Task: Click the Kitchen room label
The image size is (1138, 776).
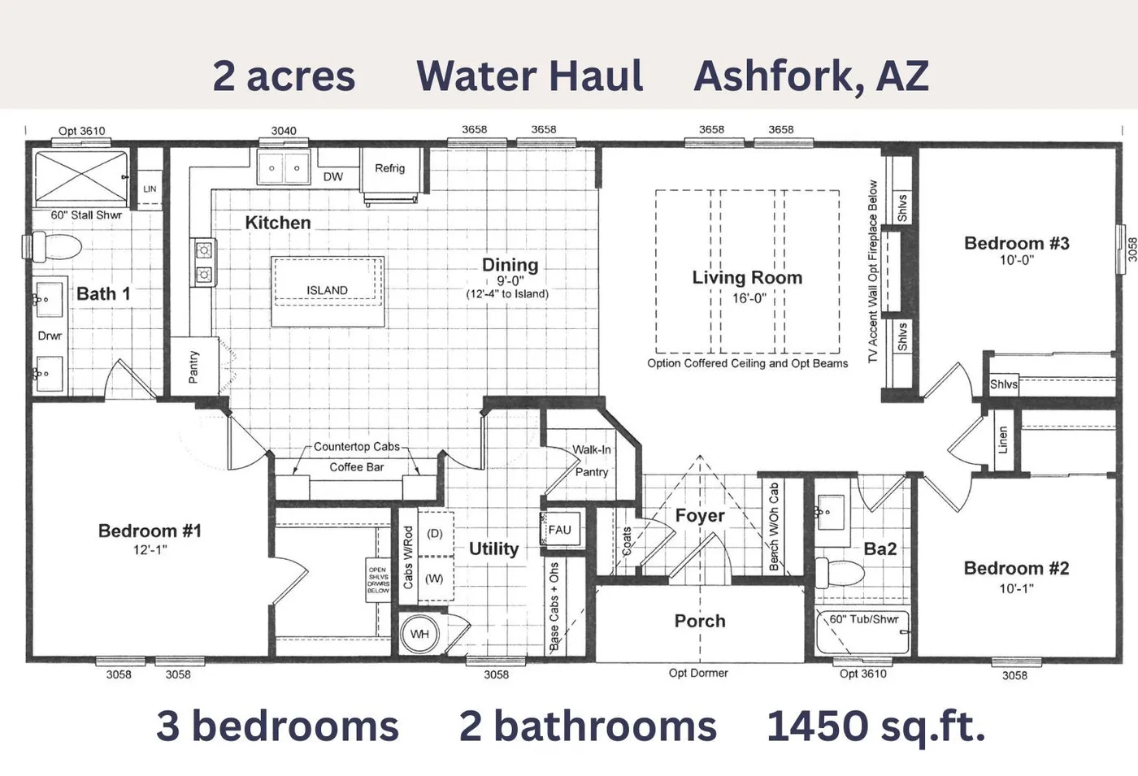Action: click(277, 223)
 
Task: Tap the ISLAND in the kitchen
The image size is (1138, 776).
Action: click(327, 290)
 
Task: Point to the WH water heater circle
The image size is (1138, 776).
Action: click(419, 634)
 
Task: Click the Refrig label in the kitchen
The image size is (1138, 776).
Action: click(389, 168)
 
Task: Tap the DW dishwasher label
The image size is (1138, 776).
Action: click(332, 176)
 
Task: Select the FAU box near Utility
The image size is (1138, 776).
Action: click(559, 530)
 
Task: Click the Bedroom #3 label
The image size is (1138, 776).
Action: click(1016, 243)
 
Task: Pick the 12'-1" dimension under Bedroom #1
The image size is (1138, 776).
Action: click(150, 550)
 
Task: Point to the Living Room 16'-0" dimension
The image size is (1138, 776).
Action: click(748, 298)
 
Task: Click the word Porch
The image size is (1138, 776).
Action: click(699, 621)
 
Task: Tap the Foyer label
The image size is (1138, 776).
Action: click(699, 515)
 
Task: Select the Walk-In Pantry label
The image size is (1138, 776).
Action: click(591, 461)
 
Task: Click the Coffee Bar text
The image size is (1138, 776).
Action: click(356, 467)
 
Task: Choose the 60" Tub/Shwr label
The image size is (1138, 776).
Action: click(863, 619)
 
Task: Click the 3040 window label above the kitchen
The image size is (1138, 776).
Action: click(283, 131)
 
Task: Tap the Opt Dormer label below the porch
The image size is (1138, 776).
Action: click(697, 673)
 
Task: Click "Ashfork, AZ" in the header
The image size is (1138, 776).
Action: click(810, 76)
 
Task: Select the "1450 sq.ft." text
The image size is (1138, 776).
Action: click(875, 726)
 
